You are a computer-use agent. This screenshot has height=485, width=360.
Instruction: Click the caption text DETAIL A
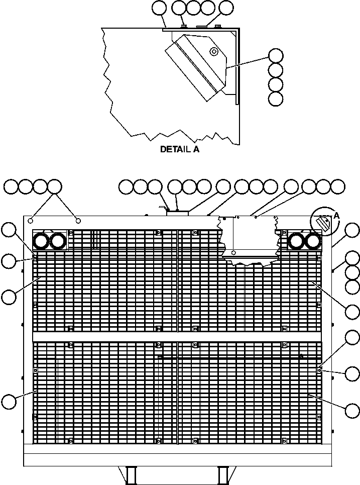click(x=179, y=149)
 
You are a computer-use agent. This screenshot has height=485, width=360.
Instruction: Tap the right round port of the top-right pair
click(x=313, y=242)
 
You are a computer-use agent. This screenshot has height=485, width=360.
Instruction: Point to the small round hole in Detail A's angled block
click(x=214, y=51)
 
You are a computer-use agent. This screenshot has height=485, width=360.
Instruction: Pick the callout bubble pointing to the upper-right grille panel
click(x=353, y=311)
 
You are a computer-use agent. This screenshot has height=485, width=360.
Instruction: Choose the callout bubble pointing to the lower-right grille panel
click(x=353, y=411)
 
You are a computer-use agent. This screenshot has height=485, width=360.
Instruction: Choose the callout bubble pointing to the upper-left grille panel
click(x=8, y=297)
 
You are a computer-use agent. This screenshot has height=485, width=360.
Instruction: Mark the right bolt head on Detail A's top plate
click(x=217, y=26)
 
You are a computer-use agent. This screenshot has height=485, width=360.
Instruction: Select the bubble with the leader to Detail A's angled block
click(x=276, y=55)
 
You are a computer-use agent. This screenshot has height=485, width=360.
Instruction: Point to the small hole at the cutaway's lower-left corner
click(x=234, y=252)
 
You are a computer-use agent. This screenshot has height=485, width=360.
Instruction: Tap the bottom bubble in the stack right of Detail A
click(x=276, y=99)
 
